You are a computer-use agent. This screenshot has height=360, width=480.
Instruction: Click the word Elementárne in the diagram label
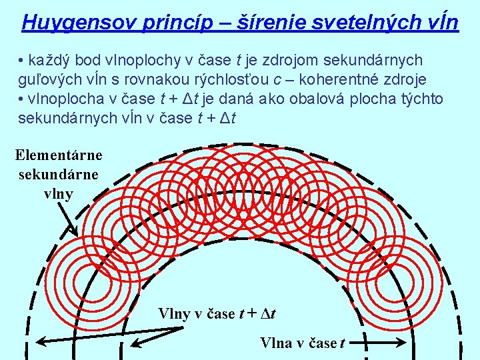click(59, 155)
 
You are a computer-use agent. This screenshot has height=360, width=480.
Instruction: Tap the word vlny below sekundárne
click(58, 194)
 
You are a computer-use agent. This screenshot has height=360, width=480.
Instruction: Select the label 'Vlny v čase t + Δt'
click(217, 313)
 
